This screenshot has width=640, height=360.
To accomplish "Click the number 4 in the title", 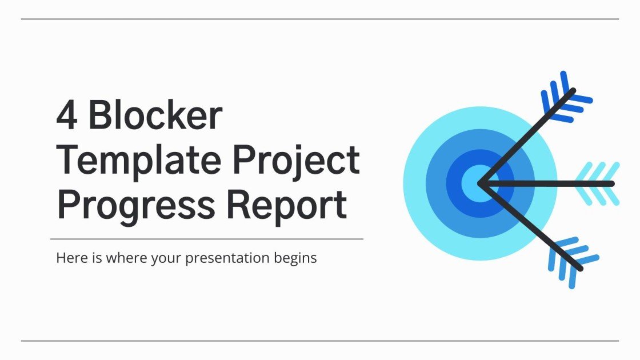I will (x=66, y=116).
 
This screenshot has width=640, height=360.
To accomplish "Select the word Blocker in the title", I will (x=154, y=116).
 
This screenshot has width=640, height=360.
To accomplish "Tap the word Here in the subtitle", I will (x=69, y=258).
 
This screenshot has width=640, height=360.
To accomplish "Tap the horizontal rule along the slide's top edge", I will (x=320, y=19).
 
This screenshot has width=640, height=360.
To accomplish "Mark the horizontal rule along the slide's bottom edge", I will (x=320, y=341).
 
